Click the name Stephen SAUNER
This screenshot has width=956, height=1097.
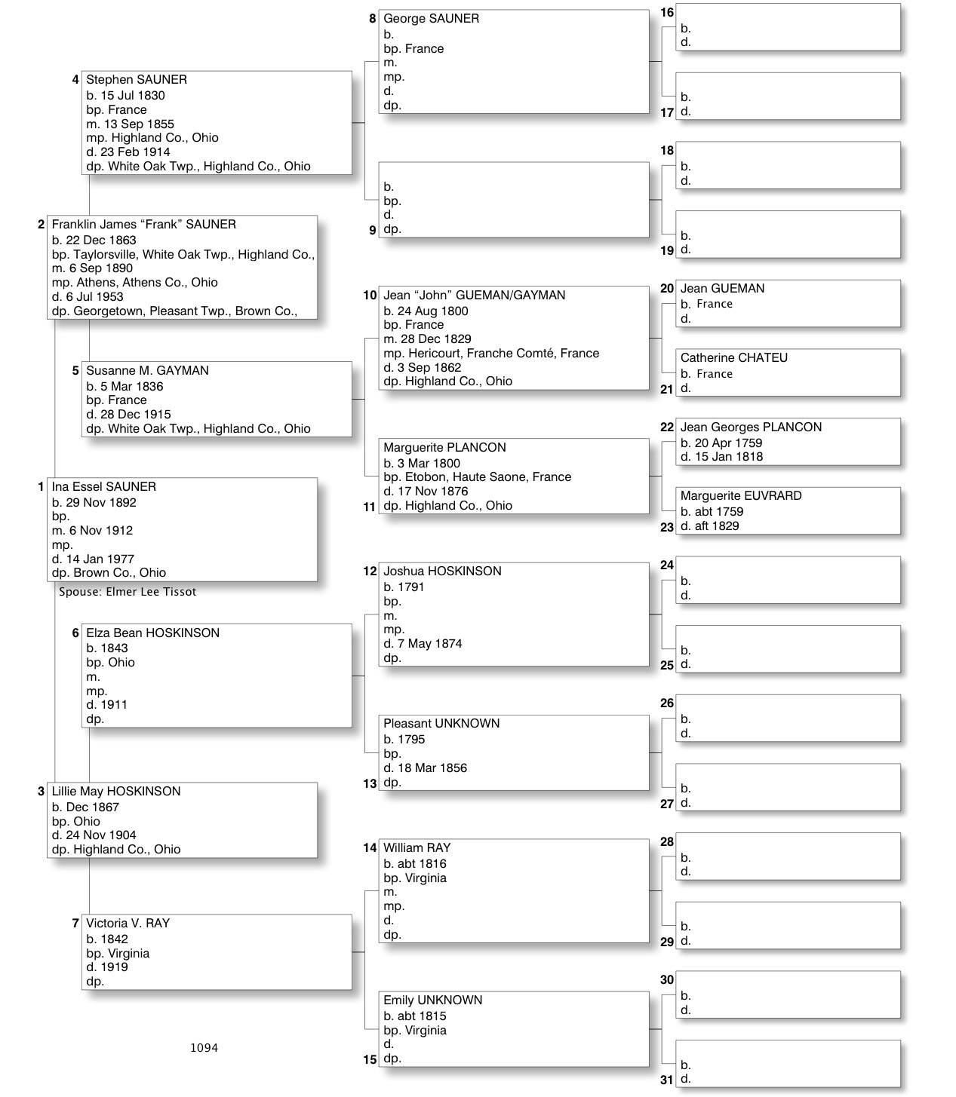(x=137, y=80)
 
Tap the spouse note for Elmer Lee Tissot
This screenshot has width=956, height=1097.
(x=128, y=592)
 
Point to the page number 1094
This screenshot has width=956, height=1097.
(x=204, y=1047)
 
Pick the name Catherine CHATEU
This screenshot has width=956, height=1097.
(x=733, y=358)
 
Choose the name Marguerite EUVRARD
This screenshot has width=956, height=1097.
(x=741, y=496)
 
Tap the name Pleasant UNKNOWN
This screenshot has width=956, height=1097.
(x=441, y=724)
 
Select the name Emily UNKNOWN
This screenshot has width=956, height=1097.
(x=432, y=1000)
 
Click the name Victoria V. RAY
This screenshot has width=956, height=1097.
(x=128, y=924)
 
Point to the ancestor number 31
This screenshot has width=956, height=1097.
(x=666, y=1080)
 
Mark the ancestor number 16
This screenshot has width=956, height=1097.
(x=667, y=13)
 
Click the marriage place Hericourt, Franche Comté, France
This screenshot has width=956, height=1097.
(x=491, y=354)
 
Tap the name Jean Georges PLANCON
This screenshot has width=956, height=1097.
(x=751, y=427)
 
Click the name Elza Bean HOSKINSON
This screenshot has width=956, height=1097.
(x=152, y=633)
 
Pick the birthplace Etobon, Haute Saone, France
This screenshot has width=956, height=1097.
(x=477, y=477)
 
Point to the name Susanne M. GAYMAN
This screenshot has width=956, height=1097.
(x=147, y=371)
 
